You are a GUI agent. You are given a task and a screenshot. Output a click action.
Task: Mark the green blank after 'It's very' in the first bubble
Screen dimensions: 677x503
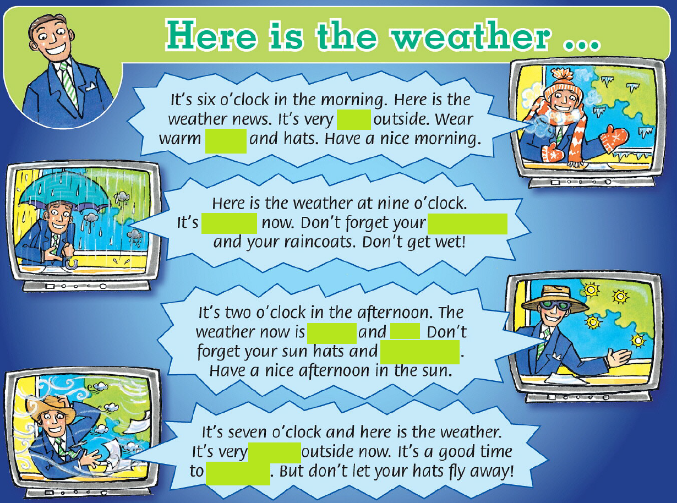(x=354, y=119)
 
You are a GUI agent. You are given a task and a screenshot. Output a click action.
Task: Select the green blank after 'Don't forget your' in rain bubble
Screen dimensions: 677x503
(x=467, y=224)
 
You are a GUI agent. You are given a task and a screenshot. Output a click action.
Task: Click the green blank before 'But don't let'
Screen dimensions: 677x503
(x=238, y=473)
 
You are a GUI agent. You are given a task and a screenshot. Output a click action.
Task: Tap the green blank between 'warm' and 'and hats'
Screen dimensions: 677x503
(x=226, y=141)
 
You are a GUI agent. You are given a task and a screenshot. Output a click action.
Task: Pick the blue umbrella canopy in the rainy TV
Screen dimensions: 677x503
(x=63, y=191)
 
